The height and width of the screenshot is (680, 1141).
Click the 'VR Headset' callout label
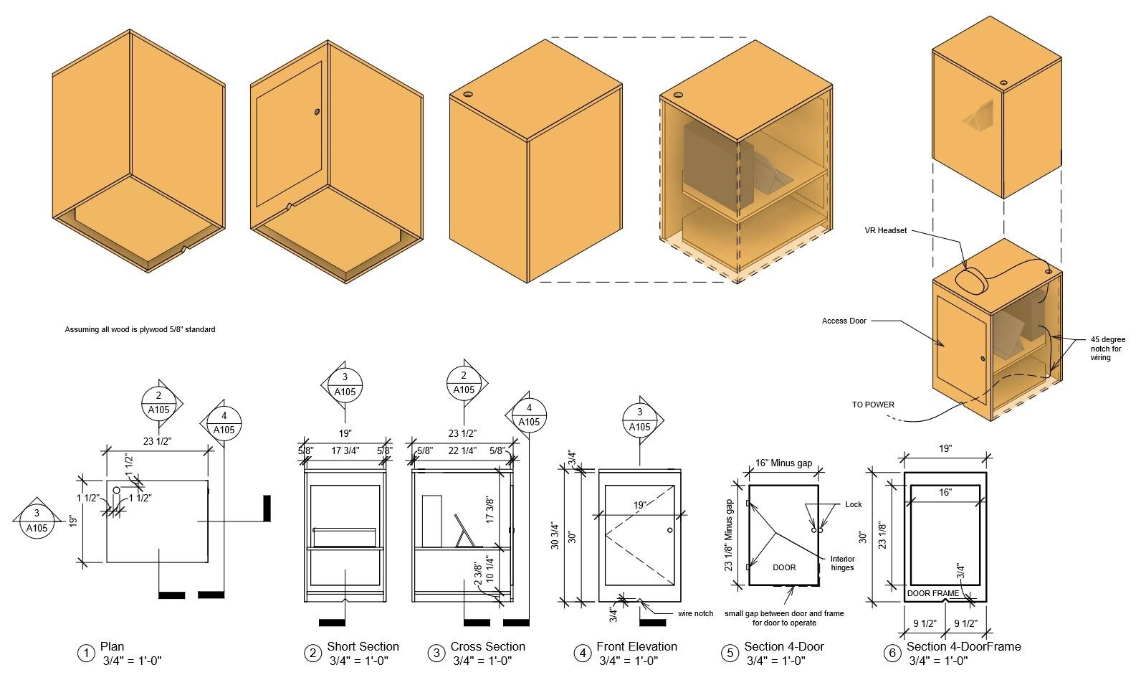click(x=885, y=230)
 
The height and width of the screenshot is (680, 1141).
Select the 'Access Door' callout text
click(x=844, y=321)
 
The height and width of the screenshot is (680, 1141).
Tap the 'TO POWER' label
click(x=873, y=405)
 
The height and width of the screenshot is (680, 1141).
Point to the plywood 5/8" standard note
click(x=140, y=329)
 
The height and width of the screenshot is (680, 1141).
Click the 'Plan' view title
click(x=112, y=646)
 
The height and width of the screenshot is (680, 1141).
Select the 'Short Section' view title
click(x=363, y=646)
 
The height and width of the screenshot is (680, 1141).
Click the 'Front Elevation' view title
click(x=636, y=646)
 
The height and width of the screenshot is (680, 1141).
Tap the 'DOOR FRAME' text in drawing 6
click(x=932, y=593)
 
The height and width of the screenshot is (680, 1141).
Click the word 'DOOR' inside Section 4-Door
click(x=784, y=567)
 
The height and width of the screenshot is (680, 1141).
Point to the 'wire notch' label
click(x=695, y=613)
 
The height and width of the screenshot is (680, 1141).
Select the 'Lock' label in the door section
click(x=853, y=504)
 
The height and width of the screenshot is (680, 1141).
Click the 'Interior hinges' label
click(x=842, y=563)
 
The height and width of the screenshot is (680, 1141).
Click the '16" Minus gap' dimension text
click(x=783, y=463)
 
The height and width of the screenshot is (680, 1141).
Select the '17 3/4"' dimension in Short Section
click(x=345, y=450)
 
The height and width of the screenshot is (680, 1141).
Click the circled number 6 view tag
click(x=892, y=653)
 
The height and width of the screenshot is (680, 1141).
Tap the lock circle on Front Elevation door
click(x=669, y=530)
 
